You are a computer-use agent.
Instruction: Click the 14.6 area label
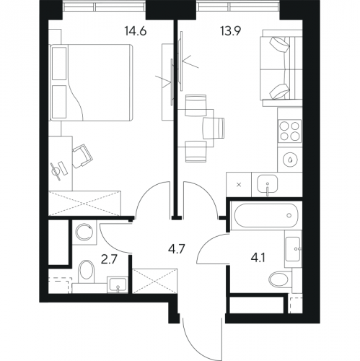click(136, 31)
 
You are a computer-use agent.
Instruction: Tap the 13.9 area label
click(231, 31)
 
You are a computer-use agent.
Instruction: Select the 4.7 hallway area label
click(176, 249)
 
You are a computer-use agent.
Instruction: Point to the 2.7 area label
click(109, 260)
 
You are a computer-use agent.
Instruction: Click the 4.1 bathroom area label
click(258, 259)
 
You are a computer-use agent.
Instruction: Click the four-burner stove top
click(289, 131)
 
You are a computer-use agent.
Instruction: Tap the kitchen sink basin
click(267, 184)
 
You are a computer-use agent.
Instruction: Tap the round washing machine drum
click(84, 232)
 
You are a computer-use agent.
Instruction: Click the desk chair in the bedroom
click(82, 156)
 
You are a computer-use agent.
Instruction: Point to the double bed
click(91, 82)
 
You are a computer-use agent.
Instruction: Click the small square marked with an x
click(239, 185)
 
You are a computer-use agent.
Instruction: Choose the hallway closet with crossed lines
click(155, 281)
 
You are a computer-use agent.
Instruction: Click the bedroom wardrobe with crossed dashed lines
click(84, 204)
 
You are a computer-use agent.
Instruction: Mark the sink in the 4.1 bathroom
click(293, 249)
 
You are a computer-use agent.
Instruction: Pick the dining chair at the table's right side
click(214, 128)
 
